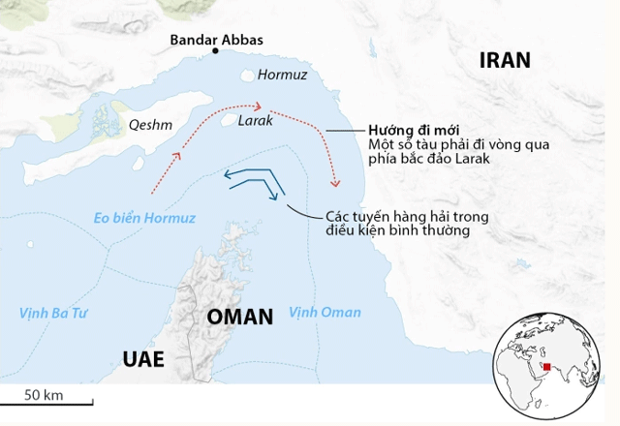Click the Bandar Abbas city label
[x=216, y=41]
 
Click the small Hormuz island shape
[x=248, y=75]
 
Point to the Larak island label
[x=255, y=122]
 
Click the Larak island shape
[x=231, y=122]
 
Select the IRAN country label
[x=506, y=60]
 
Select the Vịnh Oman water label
[x=325, y=312]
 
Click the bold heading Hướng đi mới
[x=411, y=131]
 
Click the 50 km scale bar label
[x=43, y=394]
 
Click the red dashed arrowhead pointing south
[x=336, y=182]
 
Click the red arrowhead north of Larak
[x=258, y=106]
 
